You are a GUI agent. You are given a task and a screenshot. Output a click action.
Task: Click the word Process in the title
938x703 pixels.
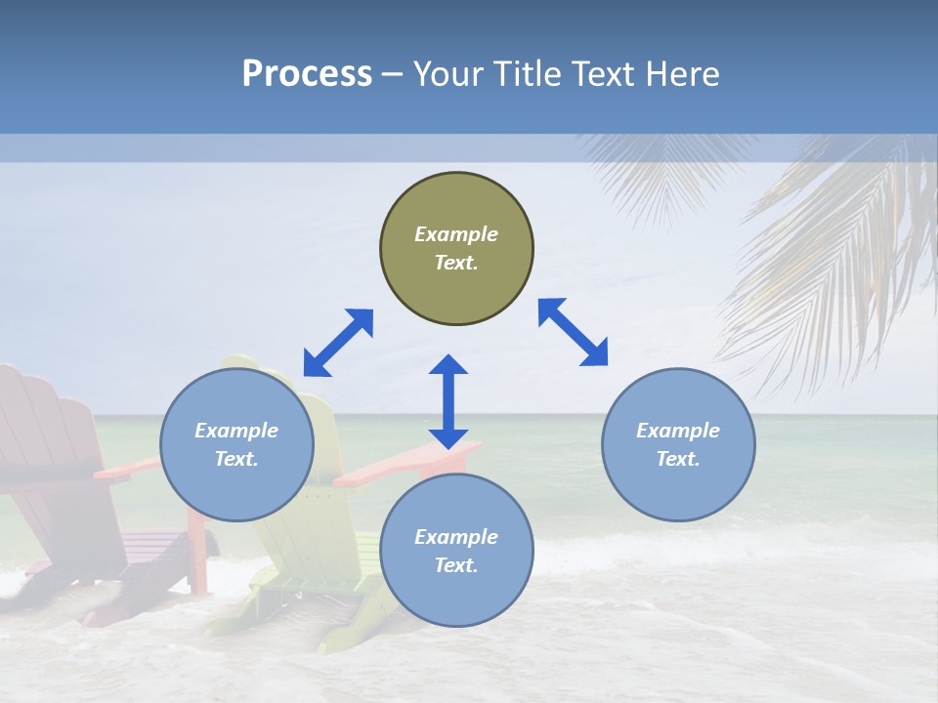tap(307, 74)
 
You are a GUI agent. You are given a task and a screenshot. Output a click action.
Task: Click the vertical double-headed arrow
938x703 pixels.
tap(448, 402)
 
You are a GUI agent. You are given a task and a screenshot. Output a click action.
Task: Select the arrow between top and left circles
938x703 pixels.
tap(338, 342)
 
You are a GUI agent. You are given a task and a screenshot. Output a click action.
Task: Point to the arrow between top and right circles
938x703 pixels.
tap(573, 332)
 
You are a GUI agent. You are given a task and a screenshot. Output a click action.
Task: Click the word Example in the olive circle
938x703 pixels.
tap(456, 234)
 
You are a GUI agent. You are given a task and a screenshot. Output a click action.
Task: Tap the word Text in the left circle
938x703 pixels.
tap(236, 459)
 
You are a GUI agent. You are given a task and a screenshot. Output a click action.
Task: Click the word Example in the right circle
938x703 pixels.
tap(678, 431)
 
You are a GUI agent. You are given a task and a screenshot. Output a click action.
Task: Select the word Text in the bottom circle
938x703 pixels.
tap(456, 565)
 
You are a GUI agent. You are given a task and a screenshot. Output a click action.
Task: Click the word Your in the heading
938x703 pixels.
tap(449, 74)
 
